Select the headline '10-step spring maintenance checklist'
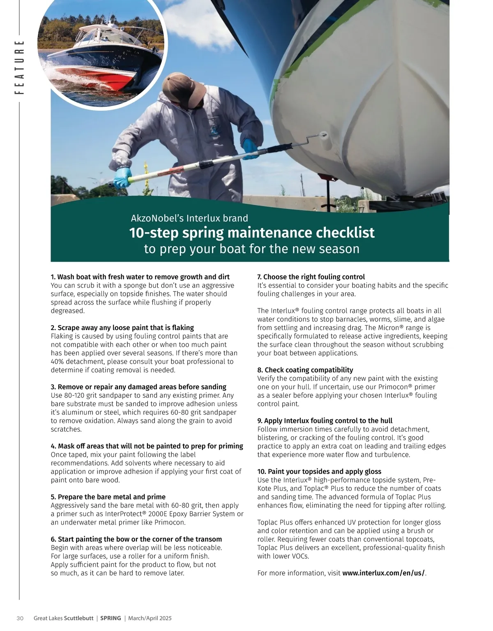pos(251,233)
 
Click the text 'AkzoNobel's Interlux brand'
pos(189,218)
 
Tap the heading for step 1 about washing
pos(140,277)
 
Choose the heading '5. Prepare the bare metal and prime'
pos(108,497)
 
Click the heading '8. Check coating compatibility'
pos(305,370)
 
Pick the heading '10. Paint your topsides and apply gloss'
pos(319,472)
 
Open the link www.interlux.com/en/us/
pos(383,573)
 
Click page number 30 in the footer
pos(20,618)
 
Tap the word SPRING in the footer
pos(111,618)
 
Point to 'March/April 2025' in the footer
pos(150,618)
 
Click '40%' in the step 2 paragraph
pos(58,362)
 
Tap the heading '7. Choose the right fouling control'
pos(311,277)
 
